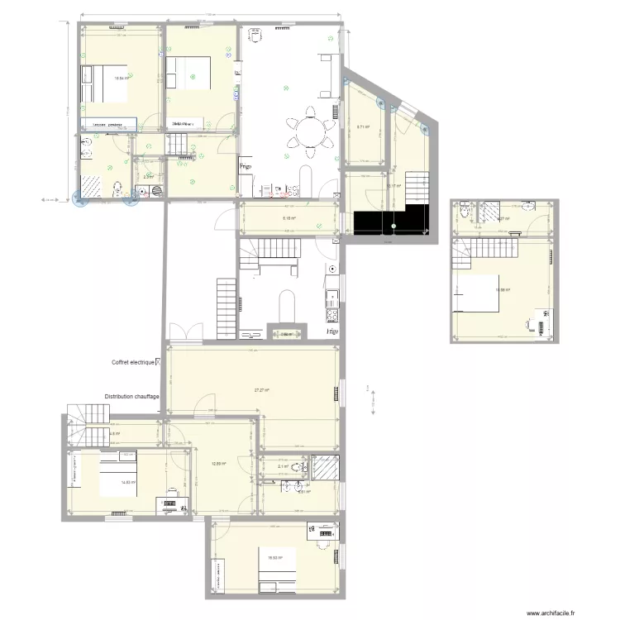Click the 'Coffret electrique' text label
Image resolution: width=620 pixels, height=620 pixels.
137,362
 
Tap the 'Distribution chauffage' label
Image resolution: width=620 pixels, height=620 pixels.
132,397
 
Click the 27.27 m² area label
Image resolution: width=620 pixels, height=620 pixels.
263,390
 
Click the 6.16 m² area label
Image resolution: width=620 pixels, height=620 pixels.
289,219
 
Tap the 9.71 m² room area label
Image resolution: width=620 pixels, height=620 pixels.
363,127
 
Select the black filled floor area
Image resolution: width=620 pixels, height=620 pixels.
391,221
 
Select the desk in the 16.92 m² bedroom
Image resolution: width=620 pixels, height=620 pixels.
321,533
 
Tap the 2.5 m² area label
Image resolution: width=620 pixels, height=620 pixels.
148,176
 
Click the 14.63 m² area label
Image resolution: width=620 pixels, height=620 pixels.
128,483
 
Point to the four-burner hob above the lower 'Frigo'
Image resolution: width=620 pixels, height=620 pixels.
331,315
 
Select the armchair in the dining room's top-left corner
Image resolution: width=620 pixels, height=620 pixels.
256,36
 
